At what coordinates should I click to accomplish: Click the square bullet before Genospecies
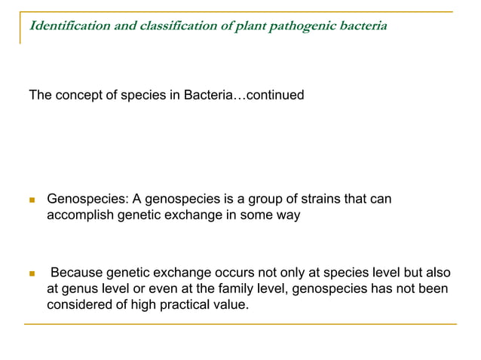32,200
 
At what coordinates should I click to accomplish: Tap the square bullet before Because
32,272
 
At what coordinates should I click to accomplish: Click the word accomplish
82,215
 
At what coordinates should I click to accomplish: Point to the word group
270,200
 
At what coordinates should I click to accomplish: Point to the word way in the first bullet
287,215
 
